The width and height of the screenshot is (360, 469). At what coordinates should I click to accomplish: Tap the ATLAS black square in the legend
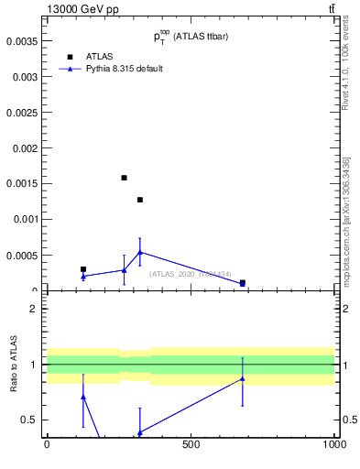[69, 56]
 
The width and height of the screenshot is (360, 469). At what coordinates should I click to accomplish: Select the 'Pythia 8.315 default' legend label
[125, 69]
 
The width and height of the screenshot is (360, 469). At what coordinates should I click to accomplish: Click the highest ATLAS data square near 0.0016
[124, 178]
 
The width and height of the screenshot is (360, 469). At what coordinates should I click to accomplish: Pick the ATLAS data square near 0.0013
[140, 200]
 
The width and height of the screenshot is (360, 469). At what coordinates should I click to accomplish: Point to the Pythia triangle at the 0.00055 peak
[140, 252]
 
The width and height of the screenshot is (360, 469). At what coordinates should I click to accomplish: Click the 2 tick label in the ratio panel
[34, 309]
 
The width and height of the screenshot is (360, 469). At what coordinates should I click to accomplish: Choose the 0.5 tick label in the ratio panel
[30, 420]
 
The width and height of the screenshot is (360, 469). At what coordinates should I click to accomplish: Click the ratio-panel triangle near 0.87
[243, 378]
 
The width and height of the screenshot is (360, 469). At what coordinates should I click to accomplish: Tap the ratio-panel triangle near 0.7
[83, 397]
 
